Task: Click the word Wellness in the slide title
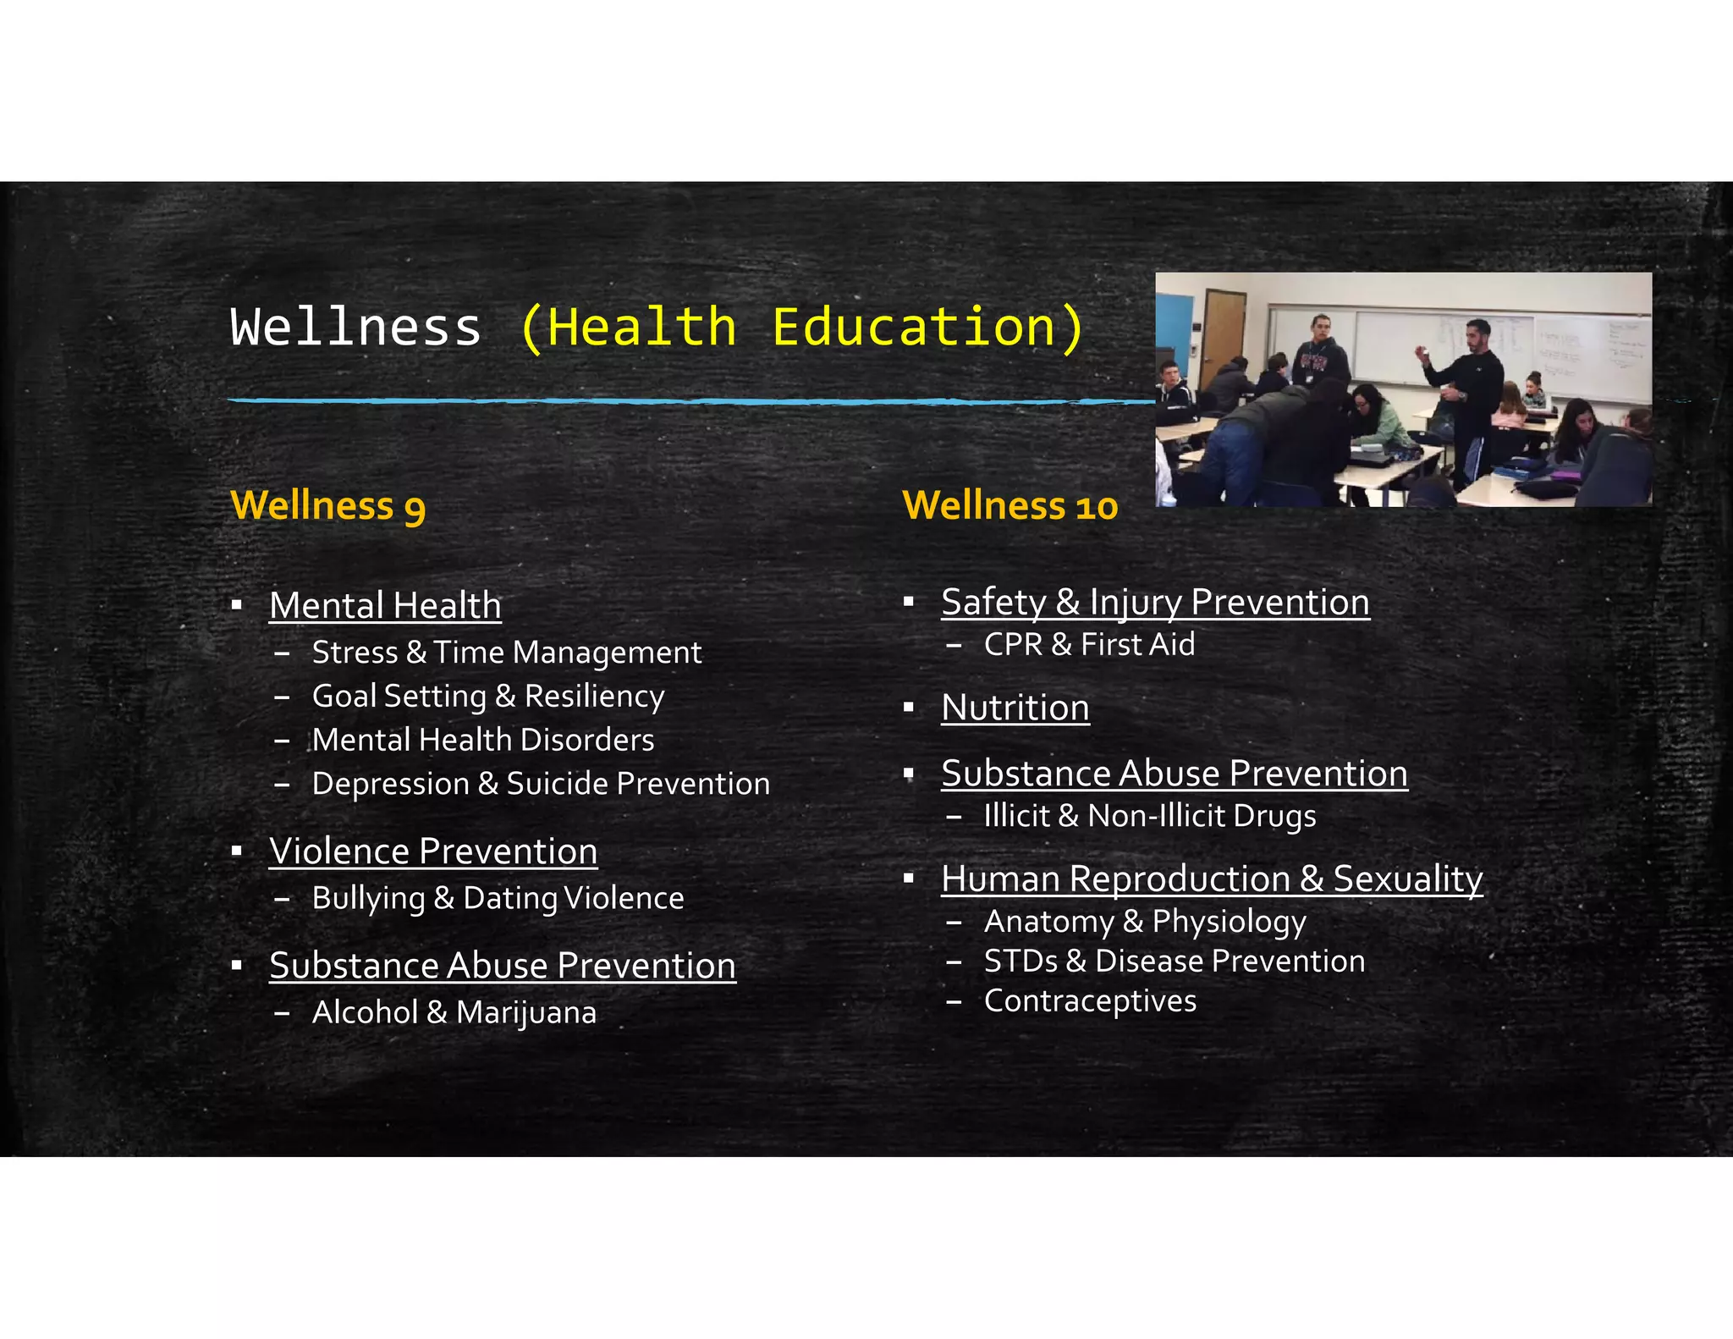(x=355, y=327)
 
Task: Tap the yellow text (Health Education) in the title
(x=800, y=327)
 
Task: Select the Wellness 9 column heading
(x=327, y=505)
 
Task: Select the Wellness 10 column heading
(x=1010, y=505)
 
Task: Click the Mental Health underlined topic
(x=385, y=606)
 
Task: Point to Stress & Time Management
(x=506, y=653)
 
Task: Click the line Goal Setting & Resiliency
(x=488, y=696)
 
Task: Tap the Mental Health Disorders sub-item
(x=482, y=740)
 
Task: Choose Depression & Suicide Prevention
(x=541, y=784)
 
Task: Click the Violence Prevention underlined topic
(x=433, y=851)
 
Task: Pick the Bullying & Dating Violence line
(x=498, y=898)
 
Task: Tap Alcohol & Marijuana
(x=454, y=1012)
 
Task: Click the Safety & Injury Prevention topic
(x=1155, y=603)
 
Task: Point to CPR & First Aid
(x=1089, y=645)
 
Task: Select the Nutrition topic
(x=1015, y=708)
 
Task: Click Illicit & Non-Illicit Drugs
(x=1149, y=816)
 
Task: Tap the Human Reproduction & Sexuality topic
(x=1212, y=879)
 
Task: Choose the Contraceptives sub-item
(x=1090, y=1001)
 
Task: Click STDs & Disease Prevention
(x=1174, y=962)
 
